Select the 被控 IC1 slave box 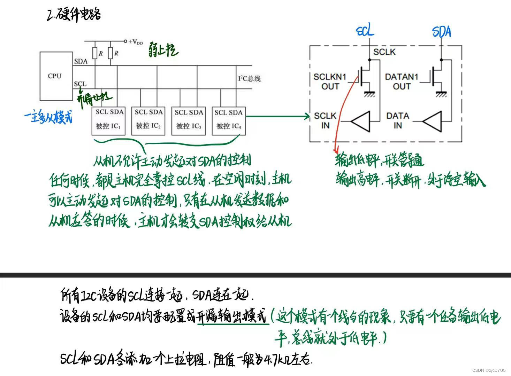tap(109, 121)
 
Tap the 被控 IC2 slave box tap(149, 121)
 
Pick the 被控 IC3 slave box tap(189, 121)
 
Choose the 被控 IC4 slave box tap(229, 121)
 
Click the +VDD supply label tap(136, 42)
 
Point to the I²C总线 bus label tap(249, 79)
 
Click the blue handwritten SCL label tap(365, 31)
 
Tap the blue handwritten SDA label tap(442, 32)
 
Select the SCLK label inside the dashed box tap(384, 52)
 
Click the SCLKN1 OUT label tap(330, 81)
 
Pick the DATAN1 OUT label tap(402, 81)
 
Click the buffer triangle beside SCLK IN tap(360, 122)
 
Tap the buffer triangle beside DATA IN tap(433, 122)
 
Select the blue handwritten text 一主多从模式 tap(49, 117)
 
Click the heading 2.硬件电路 tap(74, 15)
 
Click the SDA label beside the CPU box tap(81, 62)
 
